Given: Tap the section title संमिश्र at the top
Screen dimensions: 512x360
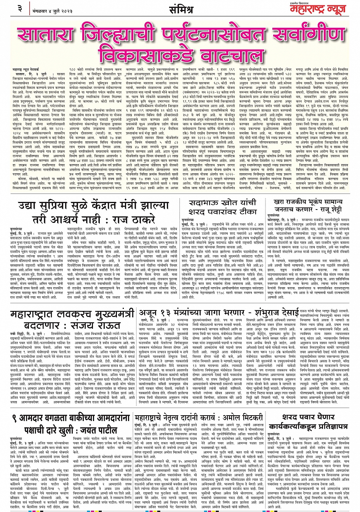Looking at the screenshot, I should [x=181, y=8].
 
